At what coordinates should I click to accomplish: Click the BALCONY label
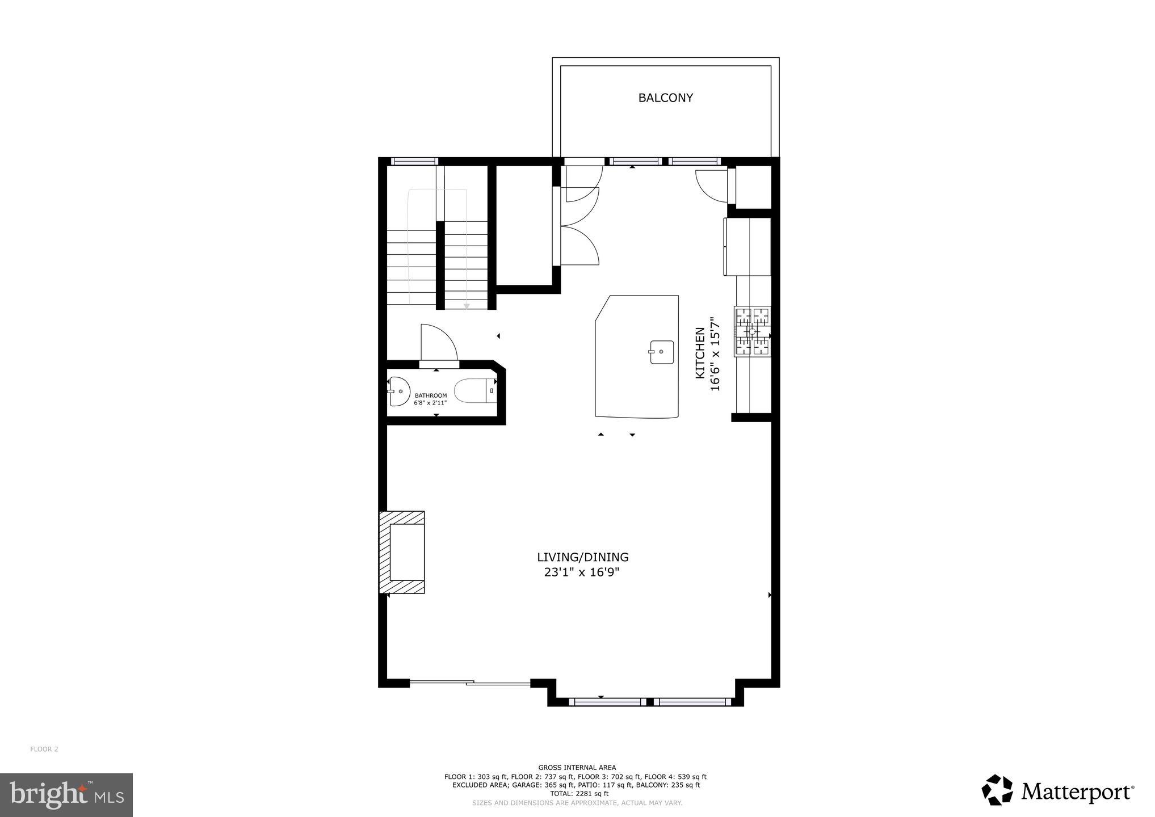click(x=665, y=98)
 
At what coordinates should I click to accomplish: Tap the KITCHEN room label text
click(x=700, y=353)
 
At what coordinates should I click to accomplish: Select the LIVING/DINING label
click(x=583, y=557)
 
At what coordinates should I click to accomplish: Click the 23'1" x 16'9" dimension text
click(x=581, y=572)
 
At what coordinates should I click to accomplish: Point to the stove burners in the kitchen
click(x=753, y=331)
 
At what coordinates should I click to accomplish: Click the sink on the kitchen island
click(x=661, y=352)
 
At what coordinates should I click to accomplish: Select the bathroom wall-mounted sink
click(x=400, y=391)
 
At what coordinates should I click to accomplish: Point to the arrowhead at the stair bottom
click(x=467, y=306)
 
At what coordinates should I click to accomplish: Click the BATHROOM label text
click(x=431, y=395)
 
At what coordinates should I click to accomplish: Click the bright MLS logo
click(x=66, y=795)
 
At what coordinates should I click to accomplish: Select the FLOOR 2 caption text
click(x=44, y=749)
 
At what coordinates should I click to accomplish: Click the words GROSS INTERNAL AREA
click(x=577, y=768)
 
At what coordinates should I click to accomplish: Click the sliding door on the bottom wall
click(x=470, y=683)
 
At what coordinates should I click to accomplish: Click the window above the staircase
click(x=414, y=162)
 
